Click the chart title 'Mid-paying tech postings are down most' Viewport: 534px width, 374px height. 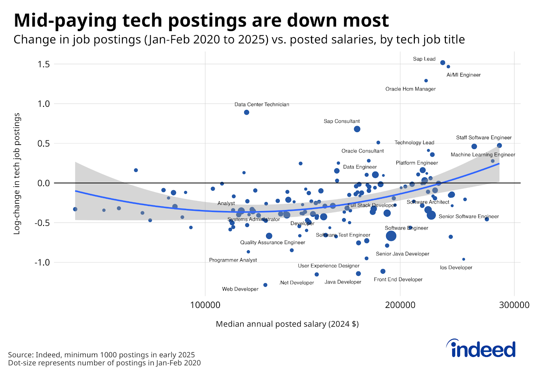click(x=201, y=21)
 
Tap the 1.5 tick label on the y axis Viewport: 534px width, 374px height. click(x=44, y=64)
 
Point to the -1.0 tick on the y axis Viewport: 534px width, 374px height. click(x=42, y=262)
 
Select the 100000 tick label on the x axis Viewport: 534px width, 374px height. click(x=205, y=305)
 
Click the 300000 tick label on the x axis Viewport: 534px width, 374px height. click(x=514, y=305)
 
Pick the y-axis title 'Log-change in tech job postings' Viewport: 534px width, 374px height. click(x=17, y=174)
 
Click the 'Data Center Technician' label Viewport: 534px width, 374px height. click(x=262, y=105)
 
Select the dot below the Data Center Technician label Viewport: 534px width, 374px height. click(x=247, y=112)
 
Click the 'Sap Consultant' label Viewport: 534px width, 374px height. click(x=341, y=121)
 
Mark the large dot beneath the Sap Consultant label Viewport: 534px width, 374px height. click(x=357, y=129)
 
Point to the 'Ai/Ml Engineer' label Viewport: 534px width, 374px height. click(x=464, y=75)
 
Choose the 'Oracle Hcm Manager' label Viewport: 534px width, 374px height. click(x=411, y=89)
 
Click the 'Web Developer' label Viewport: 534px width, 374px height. click(x=240, y=289)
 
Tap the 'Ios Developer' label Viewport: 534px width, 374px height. click(x=456, y=267)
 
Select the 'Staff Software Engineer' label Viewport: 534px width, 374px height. click(x=484, y=138)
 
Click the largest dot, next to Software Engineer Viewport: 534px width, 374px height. click(x=391, y=236)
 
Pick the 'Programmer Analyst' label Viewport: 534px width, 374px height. click(x=233, y=260)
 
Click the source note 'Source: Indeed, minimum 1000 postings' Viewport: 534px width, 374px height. click(x=101, y=355)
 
